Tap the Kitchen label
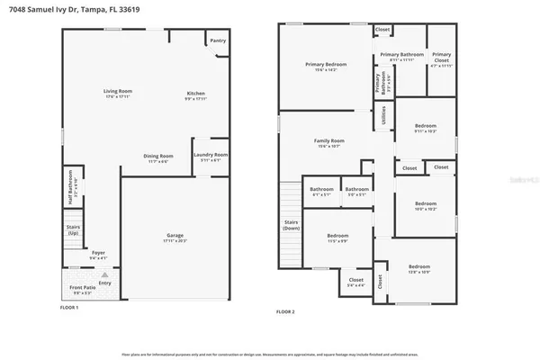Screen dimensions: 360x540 click(195, 94)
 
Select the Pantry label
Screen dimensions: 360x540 click(218, 40)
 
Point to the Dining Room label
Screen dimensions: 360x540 click(158, 156)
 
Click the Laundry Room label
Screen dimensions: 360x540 click(211, 155)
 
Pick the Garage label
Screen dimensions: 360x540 click(169, 238)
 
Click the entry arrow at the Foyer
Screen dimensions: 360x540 click(104, 274)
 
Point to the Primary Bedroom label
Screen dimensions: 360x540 click(326, 64)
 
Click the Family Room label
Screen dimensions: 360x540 click(328, 141)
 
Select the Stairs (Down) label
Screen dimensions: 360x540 click(291, 223)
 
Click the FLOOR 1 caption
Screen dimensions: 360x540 click(68, 308)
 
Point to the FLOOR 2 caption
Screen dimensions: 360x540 click(285, 311)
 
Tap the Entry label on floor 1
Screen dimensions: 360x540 click(105, 283)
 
